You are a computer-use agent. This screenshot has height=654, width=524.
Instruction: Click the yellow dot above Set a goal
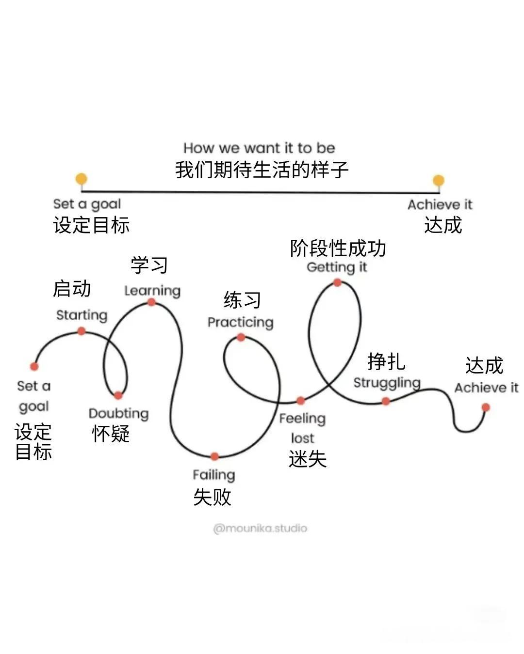[82, 179]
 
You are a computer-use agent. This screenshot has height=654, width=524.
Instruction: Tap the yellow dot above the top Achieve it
[439, 181]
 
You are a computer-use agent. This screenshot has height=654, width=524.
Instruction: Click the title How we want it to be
[259, 148]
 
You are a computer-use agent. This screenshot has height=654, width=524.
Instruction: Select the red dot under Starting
[82, 331]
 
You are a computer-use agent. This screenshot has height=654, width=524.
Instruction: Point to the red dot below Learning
[151, 302]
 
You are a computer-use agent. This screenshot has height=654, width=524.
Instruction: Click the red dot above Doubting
[118, 396]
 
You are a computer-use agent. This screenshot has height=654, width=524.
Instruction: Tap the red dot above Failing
[214, 456]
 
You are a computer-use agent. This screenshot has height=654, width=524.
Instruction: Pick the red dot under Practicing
[241, 338]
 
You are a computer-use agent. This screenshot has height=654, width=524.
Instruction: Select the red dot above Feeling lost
[301, 401]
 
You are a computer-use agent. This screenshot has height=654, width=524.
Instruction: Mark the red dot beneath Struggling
[386, 401]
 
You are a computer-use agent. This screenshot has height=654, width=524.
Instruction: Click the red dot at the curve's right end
[486, 407]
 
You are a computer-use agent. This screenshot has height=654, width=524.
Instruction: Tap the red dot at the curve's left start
[34, 366]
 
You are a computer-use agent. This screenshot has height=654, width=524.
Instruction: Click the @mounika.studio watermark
[260, 528]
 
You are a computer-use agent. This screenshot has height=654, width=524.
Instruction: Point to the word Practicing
[240, 322]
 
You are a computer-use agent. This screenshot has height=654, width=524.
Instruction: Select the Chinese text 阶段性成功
[338, 249]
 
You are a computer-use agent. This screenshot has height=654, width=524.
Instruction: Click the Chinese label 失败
[212, 497]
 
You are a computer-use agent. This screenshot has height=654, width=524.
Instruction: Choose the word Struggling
[387, 383]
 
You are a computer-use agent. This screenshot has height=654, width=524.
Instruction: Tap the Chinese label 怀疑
[111, 433]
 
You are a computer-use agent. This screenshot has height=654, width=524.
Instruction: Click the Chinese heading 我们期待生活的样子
[262, 170]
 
